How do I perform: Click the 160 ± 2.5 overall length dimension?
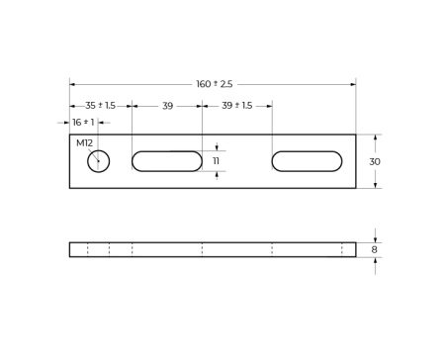coord(214,84)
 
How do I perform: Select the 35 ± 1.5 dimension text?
coord(100,106)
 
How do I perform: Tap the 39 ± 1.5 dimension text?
coord(236,106)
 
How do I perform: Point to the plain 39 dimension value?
coord(167,106)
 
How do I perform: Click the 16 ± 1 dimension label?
coord(83,123)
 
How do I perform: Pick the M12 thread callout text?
coord(84,142)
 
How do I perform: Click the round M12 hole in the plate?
coord(98,161)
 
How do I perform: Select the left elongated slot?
coord(167,161)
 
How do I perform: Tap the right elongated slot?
coord(307,161)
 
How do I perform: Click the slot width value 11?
coord(217,161)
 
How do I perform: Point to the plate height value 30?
coord(375,161)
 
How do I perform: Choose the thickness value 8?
coord(375,250)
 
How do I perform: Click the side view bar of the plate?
coord(213,249)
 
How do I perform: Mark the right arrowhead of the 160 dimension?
coord(353,84)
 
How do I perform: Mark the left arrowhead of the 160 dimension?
coord(72,84)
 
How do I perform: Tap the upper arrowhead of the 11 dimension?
coord(217,148)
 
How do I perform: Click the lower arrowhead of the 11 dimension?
coord(217,174)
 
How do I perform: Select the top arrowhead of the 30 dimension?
coord(375,137)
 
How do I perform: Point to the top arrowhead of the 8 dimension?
coord(375,239)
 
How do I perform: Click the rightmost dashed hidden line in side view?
coord(342,249)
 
